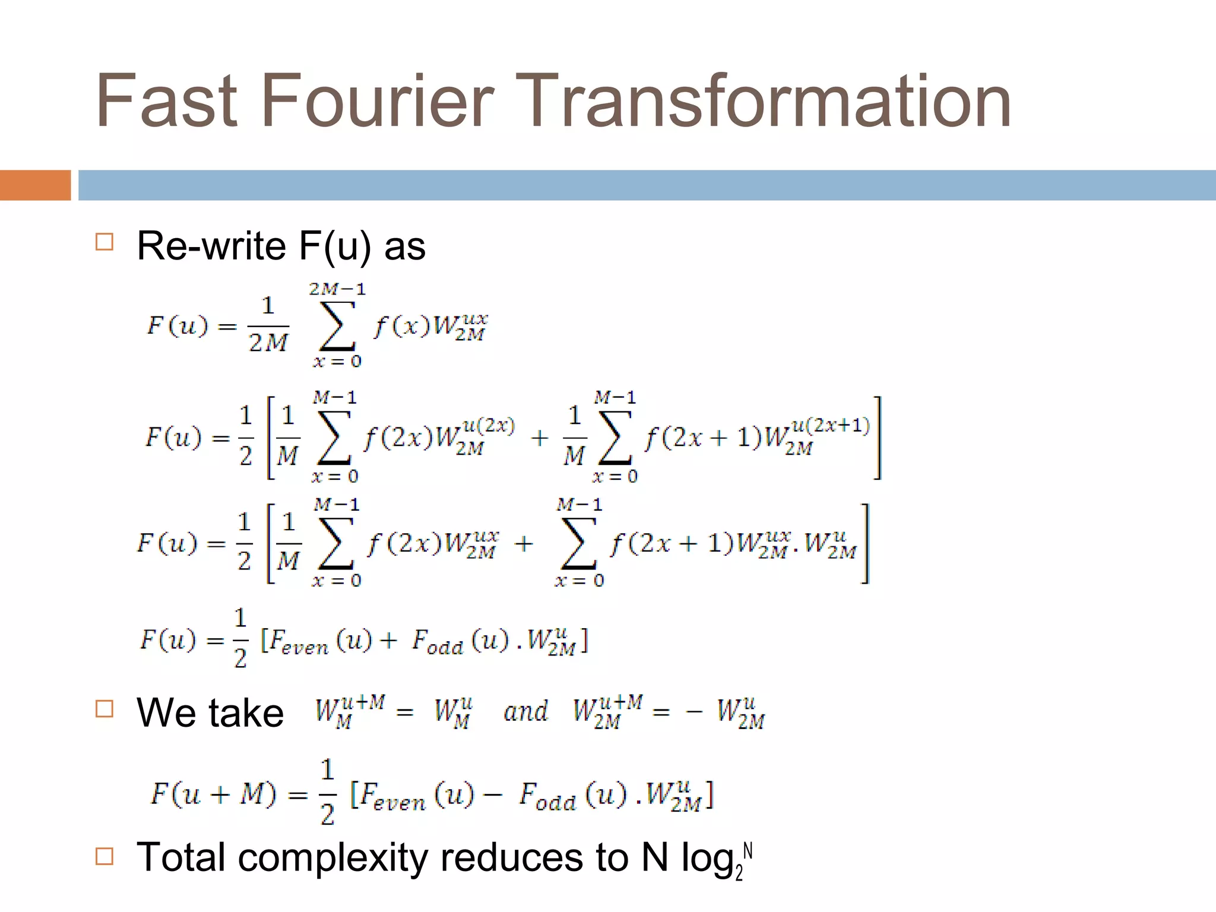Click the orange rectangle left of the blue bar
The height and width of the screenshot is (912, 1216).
35,185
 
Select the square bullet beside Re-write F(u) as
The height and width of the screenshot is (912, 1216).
104,242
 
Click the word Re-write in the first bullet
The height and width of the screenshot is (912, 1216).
211,246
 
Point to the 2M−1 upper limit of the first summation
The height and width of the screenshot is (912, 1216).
337,289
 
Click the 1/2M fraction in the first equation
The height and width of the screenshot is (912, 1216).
268,325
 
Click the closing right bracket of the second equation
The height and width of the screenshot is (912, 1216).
877,438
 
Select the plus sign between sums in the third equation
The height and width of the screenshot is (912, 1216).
524,544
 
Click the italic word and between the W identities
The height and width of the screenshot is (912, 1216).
525,711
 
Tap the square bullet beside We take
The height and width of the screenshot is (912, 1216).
104,709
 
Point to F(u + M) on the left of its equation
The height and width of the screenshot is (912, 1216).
213,794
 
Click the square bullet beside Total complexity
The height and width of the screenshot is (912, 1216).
104,856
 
